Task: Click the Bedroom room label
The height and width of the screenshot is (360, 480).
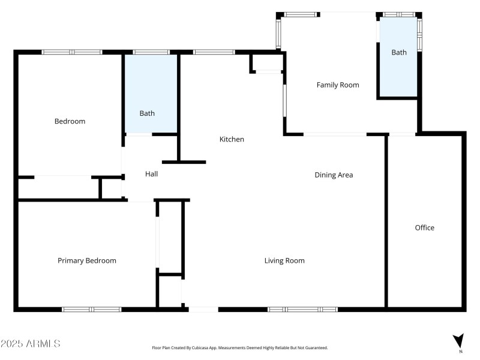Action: coord(70,121)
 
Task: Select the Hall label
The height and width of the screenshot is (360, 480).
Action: coord(151,174)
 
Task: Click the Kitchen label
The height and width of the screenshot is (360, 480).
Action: coord(232,139)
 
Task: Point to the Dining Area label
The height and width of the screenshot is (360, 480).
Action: coord(334,175)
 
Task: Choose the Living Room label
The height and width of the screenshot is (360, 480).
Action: coord(284,260)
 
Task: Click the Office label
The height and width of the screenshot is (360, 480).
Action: coord(425,227)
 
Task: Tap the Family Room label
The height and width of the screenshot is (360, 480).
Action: coord(338,85)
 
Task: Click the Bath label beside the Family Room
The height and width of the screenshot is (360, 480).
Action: coord(399,53)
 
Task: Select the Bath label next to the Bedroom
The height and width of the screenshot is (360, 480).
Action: coord(147,113)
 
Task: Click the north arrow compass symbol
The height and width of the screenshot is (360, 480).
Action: coord(458,341)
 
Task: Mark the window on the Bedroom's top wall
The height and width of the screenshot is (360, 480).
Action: coord(71,52)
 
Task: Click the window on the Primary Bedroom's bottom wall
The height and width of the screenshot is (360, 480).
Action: coord(92,310)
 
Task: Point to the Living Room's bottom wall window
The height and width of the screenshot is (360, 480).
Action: coord(302,310)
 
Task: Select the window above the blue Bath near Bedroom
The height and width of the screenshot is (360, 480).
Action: coord(151,52)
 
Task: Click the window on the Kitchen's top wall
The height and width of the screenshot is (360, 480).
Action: coord(214,52)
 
